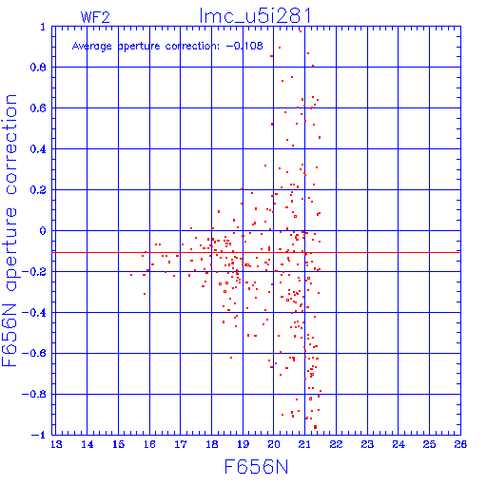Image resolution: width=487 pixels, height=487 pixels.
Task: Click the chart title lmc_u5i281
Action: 255,15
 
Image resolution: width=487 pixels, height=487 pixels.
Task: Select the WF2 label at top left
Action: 95,17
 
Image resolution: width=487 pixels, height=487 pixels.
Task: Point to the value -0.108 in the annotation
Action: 244,46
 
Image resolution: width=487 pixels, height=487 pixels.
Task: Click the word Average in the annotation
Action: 92,47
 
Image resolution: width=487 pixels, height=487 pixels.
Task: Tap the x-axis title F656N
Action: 256,467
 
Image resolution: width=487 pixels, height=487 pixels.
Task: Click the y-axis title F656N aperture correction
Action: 10,230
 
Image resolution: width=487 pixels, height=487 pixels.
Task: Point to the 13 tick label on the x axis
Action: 56,444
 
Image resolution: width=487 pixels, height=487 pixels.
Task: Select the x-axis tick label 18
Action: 212,444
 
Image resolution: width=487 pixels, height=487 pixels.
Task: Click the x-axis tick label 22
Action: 336,444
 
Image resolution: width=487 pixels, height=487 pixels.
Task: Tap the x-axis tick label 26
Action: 460,444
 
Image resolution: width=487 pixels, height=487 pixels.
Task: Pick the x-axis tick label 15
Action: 119,444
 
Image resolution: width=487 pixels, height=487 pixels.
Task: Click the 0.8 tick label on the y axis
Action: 38,68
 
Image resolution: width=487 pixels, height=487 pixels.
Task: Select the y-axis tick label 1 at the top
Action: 43,27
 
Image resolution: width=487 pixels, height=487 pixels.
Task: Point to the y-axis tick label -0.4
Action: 34,313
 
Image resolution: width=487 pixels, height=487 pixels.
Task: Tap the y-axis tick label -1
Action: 39,435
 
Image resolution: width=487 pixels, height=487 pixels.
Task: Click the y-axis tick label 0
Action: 43,230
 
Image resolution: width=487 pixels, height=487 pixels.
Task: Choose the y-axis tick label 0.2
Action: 38,190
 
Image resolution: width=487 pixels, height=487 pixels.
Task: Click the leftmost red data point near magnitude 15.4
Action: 131,275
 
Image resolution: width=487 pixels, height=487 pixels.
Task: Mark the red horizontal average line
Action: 256,253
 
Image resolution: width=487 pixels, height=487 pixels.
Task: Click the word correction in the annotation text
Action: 192,47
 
